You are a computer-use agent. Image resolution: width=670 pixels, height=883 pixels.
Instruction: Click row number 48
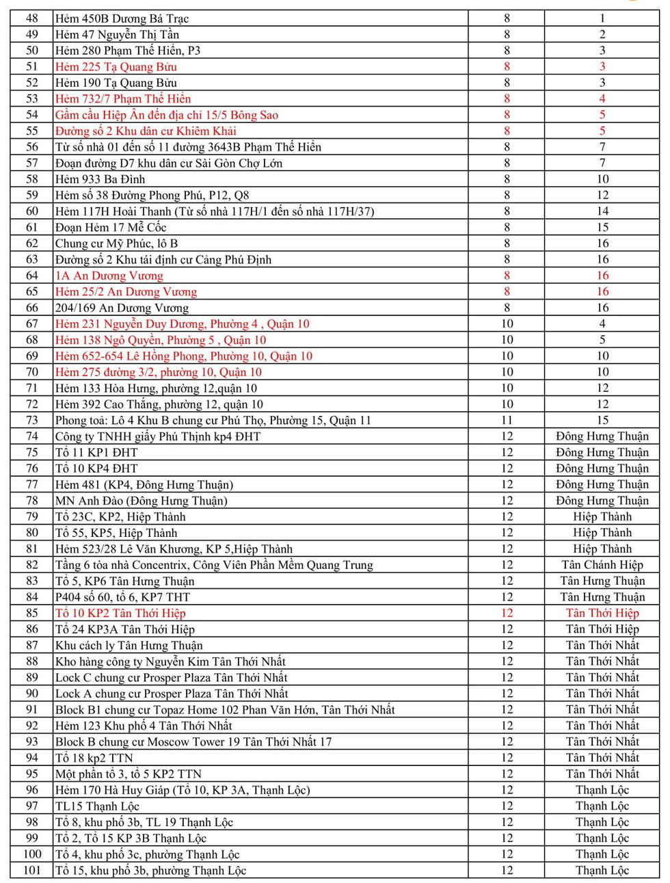coord(32,18)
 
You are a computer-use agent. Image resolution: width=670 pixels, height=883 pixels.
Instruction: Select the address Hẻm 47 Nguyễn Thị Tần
coord(117,34)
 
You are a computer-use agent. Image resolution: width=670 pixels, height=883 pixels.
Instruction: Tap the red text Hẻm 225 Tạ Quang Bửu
coord(116,66)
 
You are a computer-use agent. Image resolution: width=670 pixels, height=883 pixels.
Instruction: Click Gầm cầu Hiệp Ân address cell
coord(167,115)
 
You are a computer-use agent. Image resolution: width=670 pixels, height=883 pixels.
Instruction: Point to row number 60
coord(32,211)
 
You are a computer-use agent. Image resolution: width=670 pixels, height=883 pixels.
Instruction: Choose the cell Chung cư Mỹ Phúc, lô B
coord(116,243)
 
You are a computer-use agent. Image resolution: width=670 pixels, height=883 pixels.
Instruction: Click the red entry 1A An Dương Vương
coord(109,276)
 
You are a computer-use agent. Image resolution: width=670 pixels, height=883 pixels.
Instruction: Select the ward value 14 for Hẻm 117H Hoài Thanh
coord(602,211)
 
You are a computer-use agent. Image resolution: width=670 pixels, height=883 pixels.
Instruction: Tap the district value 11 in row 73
coord(507,421)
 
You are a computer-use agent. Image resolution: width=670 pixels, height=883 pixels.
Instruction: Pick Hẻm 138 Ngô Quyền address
coord(161,340)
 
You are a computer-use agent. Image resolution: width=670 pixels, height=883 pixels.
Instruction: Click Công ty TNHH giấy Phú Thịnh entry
coord(158,436)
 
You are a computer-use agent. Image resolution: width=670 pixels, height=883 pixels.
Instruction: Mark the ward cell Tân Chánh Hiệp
coord(602,565)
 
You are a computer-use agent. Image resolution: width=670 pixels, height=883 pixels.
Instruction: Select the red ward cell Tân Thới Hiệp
coord(602,614)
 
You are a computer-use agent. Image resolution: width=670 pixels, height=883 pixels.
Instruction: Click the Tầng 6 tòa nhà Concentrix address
coord(214,565)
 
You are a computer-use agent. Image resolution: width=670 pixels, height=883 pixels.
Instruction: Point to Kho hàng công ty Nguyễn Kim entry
coord(170,661)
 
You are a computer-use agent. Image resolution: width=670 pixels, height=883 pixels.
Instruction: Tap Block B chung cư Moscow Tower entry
coord(193,742)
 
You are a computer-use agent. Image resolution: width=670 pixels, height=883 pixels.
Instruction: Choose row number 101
coord(32,871)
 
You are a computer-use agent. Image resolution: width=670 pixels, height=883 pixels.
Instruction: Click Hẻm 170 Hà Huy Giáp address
coord(183,790)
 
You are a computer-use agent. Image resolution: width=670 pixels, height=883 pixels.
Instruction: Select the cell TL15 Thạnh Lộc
coord(97,806)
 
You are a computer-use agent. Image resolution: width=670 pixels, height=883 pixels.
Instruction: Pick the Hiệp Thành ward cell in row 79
coord(602,517)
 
